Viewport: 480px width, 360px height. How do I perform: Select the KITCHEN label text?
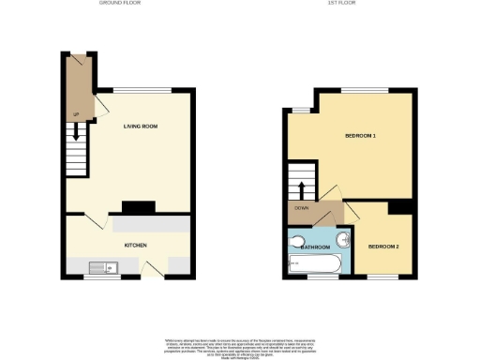(136, 245)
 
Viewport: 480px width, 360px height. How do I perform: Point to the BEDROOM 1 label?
(360, 137)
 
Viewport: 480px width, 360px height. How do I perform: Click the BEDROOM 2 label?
(383, 247)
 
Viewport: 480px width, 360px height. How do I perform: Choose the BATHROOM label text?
(316, 247)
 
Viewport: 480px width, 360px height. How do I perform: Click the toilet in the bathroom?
(299, 241)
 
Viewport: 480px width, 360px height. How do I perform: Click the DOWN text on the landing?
(301, 209)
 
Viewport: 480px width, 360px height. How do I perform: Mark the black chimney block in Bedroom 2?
(401, 207)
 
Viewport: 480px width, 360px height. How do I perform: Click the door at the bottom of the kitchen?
(150, 269)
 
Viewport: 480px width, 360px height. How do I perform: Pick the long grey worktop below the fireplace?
(150, 225)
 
